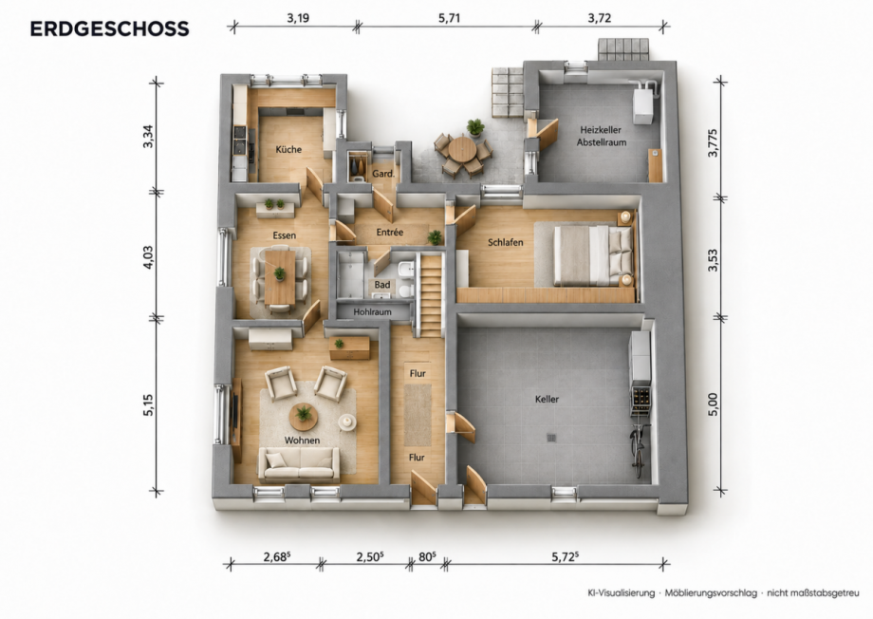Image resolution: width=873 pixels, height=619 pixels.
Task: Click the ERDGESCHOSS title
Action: tap(110, 29)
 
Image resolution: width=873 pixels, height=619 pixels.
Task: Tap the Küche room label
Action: tap(288, 149)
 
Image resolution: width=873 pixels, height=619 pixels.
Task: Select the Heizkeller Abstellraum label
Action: tap(601, 136)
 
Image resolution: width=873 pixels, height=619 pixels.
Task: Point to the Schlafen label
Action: tap(505, 242)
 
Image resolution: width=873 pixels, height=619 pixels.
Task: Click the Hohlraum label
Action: tap(373, 312)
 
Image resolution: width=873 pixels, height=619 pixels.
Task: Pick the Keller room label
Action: tap(547, 399)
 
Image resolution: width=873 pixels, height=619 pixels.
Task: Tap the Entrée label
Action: tap(390, 232)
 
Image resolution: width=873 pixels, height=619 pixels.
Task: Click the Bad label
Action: tap(381, 285)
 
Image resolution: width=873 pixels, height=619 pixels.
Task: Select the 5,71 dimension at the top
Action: tap(449, 18)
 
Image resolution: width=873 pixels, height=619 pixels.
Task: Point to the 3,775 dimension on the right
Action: tap(713, 142)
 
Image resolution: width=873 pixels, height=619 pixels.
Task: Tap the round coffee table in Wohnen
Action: tap(304, 417)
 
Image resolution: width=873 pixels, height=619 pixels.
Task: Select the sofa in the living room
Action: tap(299, 464)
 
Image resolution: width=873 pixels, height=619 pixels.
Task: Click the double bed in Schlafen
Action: tap(584, 254)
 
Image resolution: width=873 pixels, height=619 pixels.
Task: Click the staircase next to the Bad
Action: tap(430, 294)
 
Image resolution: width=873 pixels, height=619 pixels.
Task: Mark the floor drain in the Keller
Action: tap(551, 438)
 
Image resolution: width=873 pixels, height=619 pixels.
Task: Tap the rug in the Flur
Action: tap(418, 415)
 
